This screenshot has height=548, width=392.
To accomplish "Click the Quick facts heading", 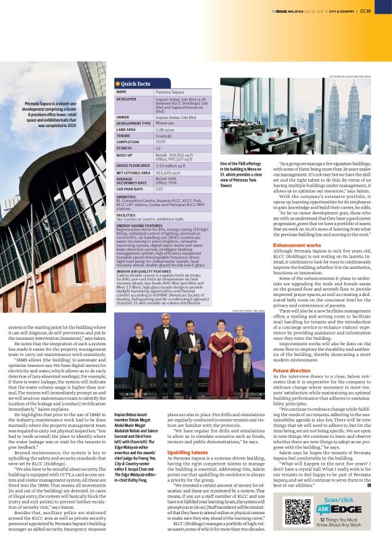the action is pos(136,84).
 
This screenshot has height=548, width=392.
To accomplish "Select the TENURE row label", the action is pos(124,136).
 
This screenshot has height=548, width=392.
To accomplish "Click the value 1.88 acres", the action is pos(166,129).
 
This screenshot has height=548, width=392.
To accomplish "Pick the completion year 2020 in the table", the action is pos(161,141).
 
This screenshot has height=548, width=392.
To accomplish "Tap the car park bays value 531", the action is pos(160,189).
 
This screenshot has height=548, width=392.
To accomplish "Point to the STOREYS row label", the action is pos(125,147).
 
